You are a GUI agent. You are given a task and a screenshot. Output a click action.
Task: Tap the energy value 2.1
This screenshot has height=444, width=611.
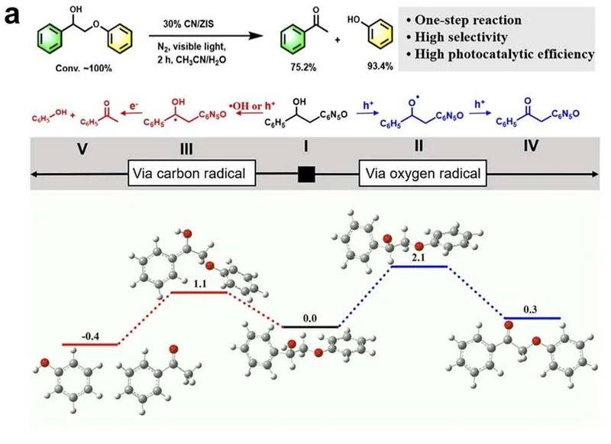[x=419, y=258]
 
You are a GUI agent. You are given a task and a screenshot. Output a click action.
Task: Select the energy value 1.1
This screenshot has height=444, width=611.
[x=200, y=284]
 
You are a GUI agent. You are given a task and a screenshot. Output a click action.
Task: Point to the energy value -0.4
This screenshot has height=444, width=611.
[x=90, y=336]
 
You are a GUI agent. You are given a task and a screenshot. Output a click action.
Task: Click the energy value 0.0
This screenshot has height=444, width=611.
[x=310, y=319]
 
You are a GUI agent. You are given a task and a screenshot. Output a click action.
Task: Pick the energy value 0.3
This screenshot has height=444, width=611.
[x=530, y=310]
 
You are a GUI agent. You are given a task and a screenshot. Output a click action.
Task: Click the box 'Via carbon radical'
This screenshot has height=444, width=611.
[x=192, y=173]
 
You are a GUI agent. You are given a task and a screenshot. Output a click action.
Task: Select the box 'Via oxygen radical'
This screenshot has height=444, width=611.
[x=423, y=173]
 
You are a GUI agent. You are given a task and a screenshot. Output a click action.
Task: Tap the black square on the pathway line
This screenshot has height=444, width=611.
[x=306, y=174]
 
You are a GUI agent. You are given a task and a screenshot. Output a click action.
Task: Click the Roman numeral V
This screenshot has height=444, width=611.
[x=82, y=148]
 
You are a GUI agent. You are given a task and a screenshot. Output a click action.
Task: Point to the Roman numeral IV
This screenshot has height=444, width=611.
[x=531, y=146]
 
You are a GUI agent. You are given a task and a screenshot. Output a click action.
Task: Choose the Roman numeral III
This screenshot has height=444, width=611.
[x=186, y=149]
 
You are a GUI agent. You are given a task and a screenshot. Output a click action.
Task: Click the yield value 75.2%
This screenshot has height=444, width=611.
[x=303, y=67]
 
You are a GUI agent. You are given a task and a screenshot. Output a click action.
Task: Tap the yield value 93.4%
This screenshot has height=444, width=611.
[x=380, y=66]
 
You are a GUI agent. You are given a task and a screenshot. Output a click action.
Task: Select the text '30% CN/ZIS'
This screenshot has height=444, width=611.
[x=189, y=24]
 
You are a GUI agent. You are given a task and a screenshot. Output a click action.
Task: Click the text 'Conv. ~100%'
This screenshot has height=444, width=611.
[x=84, y=68]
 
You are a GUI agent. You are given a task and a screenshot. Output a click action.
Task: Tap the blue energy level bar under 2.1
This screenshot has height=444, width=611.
[x=419, y=267]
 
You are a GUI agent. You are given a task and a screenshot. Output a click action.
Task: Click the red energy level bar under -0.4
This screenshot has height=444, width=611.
[x=90, y=345]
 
